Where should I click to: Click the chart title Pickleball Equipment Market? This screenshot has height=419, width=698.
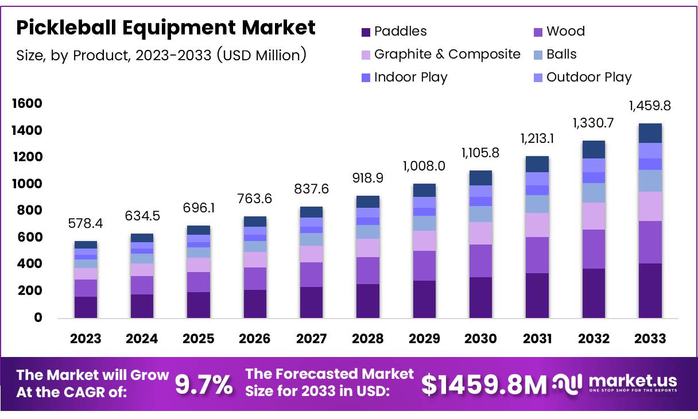pos(166,28)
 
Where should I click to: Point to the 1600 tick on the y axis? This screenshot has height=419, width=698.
pos(28,104)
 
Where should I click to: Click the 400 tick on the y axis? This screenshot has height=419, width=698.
pos(30,264)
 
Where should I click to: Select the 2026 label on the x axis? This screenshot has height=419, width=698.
pos(254,339)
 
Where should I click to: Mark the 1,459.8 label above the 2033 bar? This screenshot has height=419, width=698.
pos(650,106)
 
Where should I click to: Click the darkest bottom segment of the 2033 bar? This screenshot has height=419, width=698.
pos(650,290)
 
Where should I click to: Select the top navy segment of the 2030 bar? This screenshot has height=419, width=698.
pos(480,178)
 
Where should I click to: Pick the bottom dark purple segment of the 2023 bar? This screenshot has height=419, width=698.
pos(86,307)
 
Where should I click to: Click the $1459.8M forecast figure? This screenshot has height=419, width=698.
pos(484,385)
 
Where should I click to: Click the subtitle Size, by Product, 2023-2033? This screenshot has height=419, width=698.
pos(161,56)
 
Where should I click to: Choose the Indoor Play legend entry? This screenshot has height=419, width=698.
pos(410,77)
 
